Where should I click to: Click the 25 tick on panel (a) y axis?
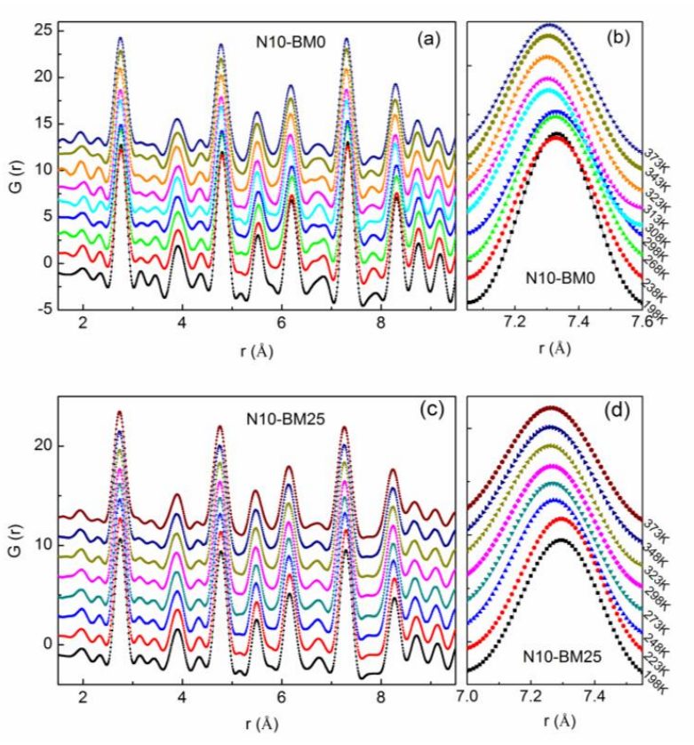pos(42,31)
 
